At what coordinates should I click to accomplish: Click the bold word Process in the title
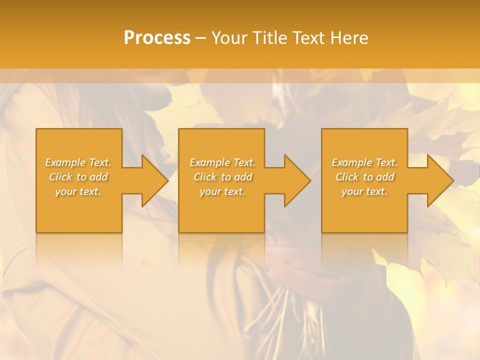point(157,38)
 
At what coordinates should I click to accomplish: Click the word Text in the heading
point(309,38)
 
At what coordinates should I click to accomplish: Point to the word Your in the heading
point(229,38)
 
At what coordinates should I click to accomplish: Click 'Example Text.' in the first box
point(78,162)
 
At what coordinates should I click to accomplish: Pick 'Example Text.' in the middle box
point(222,162)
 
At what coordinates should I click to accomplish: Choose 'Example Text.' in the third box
point(364,162)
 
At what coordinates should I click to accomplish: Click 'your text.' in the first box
point(78,191)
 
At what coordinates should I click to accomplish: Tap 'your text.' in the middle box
point(222,191)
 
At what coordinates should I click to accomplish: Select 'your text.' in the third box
point(364,191)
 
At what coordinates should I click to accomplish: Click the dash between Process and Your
point(201,38)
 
